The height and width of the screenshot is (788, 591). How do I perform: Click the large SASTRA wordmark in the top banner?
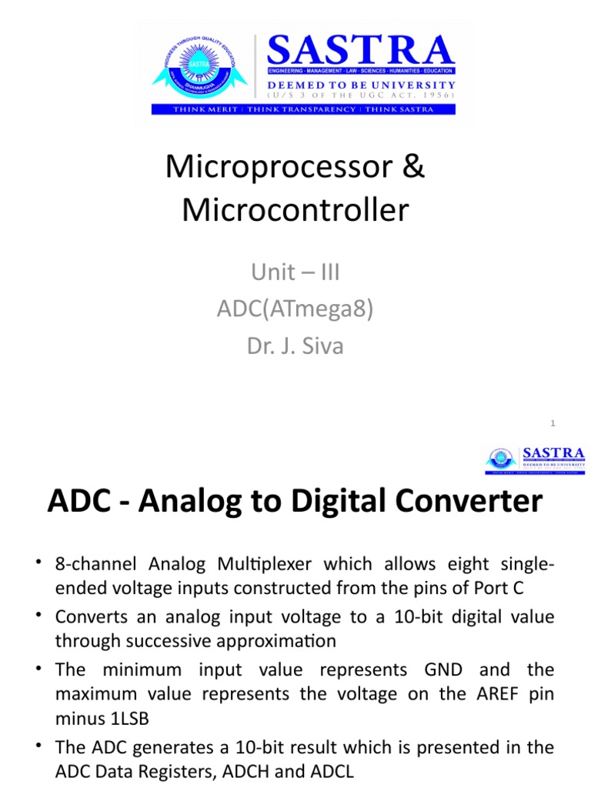(x=360, y=52)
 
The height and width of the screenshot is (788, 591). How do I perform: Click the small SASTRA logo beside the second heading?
(x=535, y=459)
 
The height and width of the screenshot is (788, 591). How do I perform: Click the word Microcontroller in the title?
(x=295, y=209)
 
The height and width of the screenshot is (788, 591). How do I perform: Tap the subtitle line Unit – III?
(x=295, y=272)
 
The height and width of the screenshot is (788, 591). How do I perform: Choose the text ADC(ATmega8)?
(x=295, y=309)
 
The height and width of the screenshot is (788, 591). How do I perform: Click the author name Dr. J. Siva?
(x=295, y=346)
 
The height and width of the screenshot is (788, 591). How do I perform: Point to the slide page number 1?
(x=553, y=423)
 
